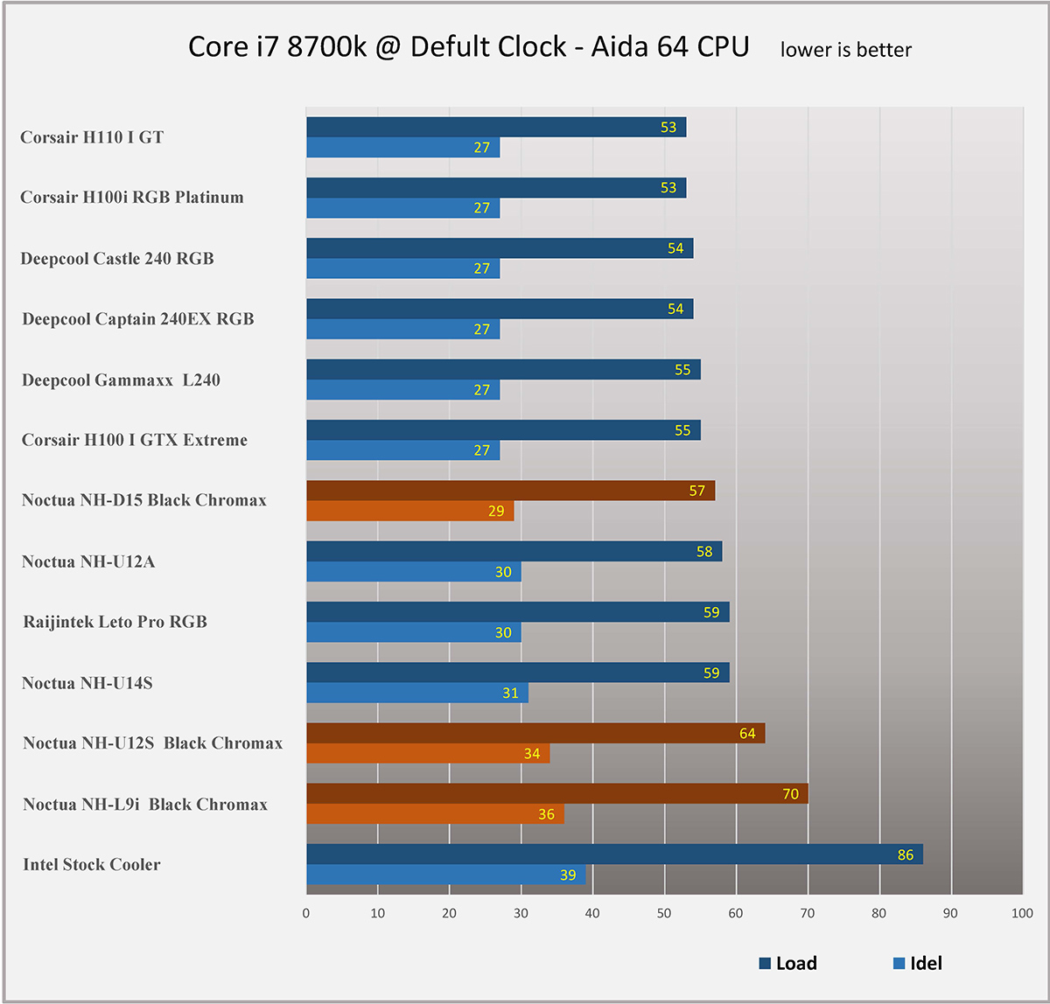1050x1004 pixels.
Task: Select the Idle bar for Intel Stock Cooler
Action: coord(445,875)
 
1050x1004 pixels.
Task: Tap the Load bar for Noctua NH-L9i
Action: coord(556,794)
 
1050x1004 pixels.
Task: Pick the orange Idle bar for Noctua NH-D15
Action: coord(409,511)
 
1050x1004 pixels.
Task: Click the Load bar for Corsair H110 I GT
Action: coord(495,128)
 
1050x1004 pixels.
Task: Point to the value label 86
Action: coord(905,854)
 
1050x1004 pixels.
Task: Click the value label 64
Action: coord(746,733)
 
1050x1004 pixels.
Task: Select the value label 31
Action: coord(510,694)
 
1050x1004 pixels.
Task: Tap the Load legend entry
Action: coord(787,964)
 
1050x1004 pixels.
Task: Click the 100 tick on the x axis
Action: coord(1021,913)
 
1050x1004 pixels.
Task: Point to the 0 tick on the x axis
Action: coord(306,913)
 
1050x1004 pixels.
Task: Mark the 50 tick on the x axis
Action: coord(664,913)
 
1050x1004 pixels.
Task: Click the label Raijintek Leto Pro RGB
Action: coord(115,622)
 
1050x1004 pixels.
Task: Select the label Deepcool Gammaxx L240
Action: coord(121,380)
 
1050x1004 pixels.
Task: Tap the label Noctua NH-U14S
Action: coord(87,683)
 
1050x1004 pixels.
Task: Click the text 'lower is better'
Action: coord(845,50)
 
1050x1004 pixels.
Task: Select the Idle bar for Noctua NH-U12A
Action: coord(413,572)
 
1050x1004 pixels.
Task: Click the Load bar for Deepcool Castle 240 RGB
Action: coord(499,248)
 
